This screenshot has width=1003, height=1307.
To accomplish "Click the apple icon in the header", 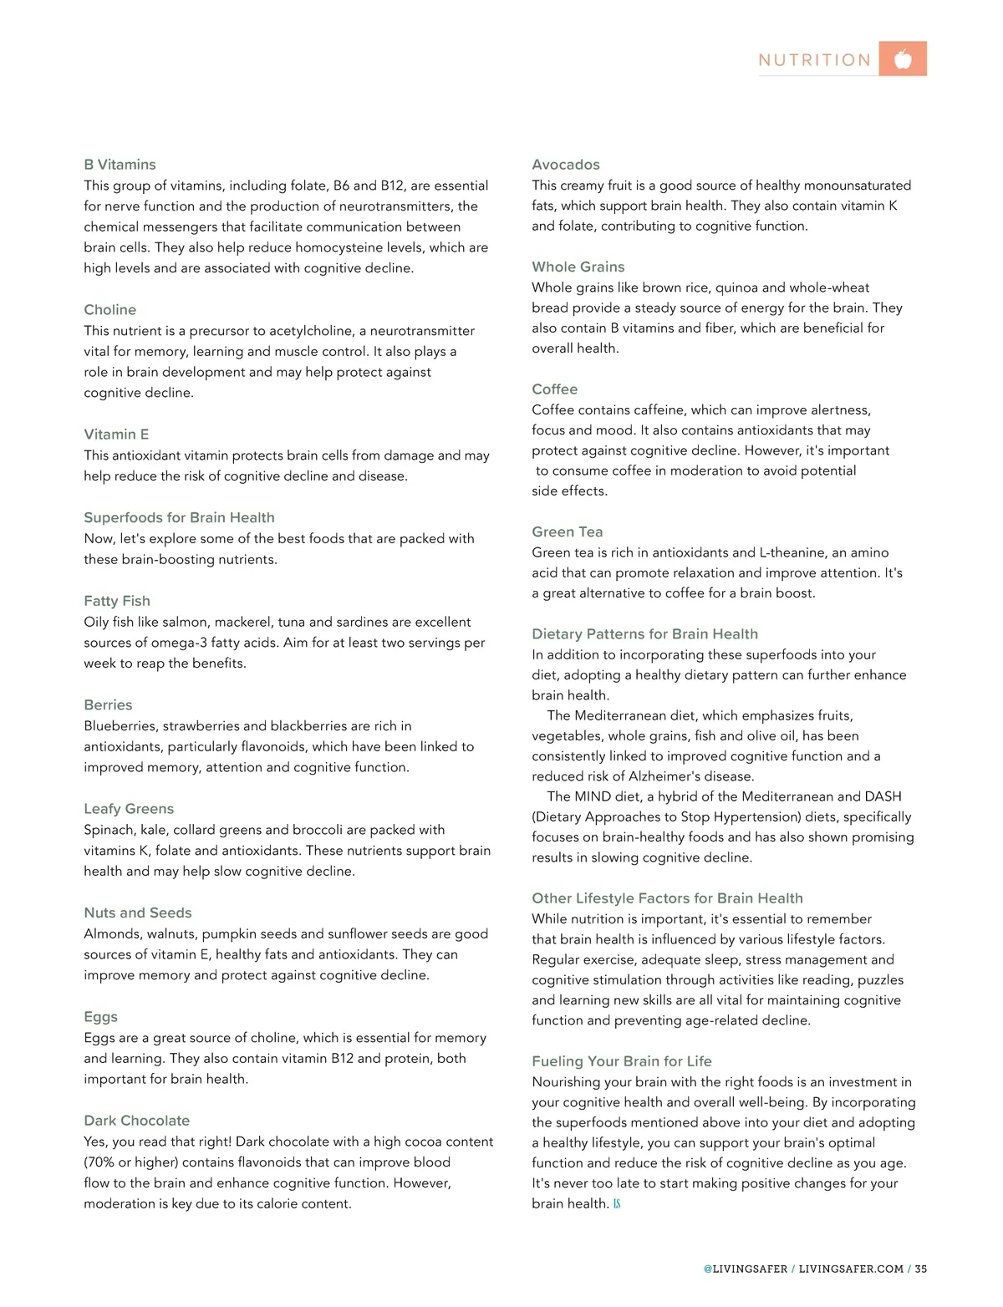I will pyautogui.click(x=903, y=59).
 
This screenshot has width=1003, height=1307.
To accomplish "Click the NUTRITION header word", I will pyautogui.click(x=815, y=60).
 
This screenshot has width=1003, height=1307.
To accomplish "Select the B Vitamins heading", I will pyautogui.click(x=120, y=165).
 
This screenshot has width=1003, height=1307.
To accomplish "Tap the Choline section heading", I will pyautogui.click(x=109, y=310).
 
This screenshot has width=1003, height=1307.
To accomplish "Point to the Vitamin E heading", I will pyautogui.click(x=116, y=435).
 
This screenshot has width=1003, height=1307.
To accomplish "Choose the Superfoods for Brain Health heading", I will pyautogui.click(x=179, y=518).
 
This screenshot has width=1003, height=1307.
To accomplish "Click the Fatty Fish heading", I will pyautogui.click(x=117, y=601).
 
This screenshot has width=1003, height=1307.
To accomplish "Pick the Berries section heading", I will pyautogui.click(x=108, y=705).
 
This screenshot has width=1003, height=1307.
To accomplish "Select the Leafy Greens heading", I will pyautogui.click(x=129, y=809).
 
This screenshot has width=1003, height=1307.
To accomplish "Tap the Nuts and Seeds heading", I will pyautogui.click(x=138, y=913).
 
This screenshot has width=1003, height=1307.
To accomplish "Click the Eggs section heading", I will pyautogui.click(x=100, y=1017).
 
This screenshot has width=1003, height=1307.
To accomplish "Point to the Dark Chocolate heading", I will pyautogui.click(x=136, y=1121).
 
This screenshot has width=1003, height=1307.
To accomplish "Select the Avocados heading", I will pyautogui.click(x=566, y=165).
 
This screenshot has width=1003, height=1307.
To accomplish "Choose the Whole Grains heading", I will pyautogui.click(x=578, y=267).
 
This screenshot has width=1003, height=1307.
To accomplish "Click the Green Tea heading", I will pyautogui.click(x=568, y=532).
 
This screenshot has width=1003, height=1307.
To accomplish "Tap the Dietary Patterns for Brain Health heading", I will pyautogui.click(x=645, y=634).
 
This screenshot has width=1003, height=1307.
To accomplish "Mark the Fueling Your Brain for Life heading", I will pyautogui.click(x=622, y=1061).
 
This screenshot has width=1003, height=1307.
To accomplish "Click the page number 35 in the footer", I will pyautogui.click(x=921, y=1269).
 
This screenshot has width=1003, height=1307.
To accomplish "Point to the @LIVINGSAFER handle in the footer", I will pyautogui.click(x=746, y=1269).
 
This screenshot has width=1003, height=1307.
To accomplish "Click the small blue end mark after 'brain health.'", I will pyautogui.click(x=617, y=1204).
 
